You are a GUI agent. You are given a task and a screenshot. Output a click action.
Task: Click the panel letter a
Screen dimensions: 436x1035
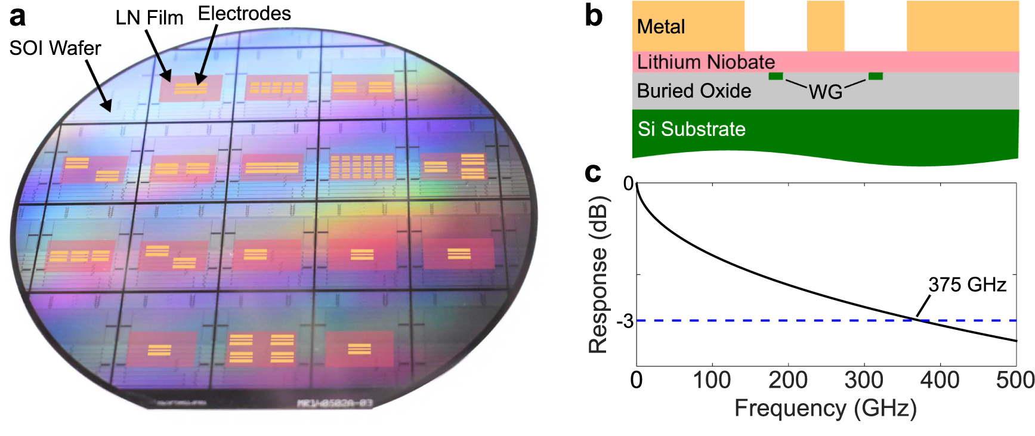(x=17, y=16)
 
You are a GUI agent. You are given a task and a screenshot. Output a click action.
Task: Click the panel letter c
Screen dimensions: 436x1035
(x=592, y=172)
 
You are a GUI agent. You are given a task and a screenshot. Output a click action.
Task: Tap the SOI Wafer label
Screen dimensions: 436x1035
(x=55, y=48)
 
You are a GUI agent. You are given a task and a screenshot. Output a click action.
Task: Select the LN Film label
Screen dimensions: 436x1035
(x=149, y=18)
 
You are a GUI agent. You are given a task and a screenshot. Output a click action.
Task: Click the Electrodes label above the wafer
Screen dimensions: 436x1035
(x=244, y=13)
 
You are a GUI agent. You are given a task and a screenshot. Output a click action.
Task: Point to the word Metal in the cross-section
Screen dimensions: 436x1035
(x=661, y=27)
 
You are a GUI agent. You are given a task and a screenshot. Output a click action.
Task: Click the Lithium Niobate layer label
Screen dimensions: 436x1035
(x=706, y=62)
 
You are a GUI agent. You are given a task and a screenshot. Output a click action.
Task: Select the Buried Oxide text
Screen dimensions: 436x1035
(x=694, y=91)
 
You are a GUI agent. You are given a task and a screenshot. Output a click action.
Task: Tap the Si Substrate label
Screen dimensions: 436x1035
(x=691, y=129)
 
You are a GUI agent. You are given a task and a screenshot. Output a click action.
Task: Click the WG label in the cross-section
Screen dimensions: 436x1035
(x=825, y=92)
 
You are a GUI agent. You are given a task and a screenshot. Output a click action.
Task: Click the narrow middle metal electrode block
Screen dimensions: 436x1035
(x=825, y=26)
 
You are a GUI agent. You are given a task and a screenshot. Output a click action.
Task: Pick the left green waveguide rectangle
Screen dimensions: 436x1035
(x=776, y=76)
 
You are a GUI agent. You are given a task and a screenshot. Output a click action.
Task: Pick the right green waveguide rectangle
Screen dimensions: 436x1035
(x=875, y=76)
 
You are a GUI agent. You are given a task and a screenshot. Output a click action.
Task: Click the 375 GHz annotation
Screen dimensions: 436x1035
(x=966, y=285)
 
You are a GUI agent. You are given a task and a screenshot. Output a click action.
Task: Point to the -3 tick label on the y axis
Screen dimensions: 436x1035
(x=625, y=321)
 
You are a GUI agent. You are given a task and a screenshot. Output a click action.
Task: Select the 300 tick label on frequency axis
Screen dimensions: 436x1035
(x=864, y=380)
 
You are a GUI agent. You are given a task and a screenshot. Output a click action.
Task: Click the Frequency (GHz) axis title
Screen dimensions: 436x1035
(x=825, y=409)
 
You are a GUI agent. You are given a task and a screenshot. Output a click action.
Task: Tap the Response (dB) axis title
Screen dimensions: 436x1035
(x=598, y=274)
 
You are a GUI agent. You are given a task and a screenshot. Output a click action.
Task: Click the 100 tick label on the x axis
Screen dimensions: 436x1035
(x=712, y=380)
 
